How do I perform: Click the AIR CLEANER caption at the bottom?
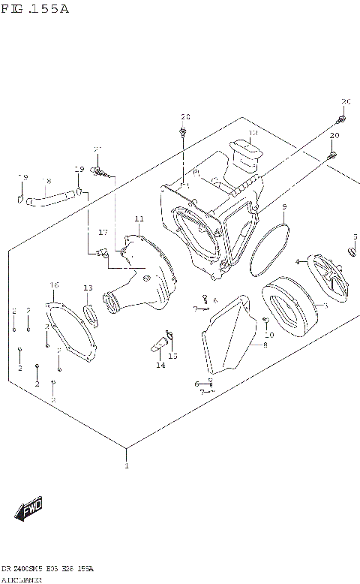(22, 579)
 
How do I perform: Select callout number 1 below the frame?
(126, 466)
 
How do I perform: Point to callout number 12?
(253, 134)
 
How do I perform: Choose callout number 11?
(138, 219)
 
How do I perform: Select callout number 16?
(54, 284)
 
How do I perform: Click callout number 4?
(297, 261)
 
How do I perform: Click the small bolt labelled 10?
(265, 321)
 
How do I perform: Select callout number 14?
(160, 365)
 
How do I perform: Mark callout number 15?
(174, 355)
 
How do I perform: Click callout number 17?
(103, 232)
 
